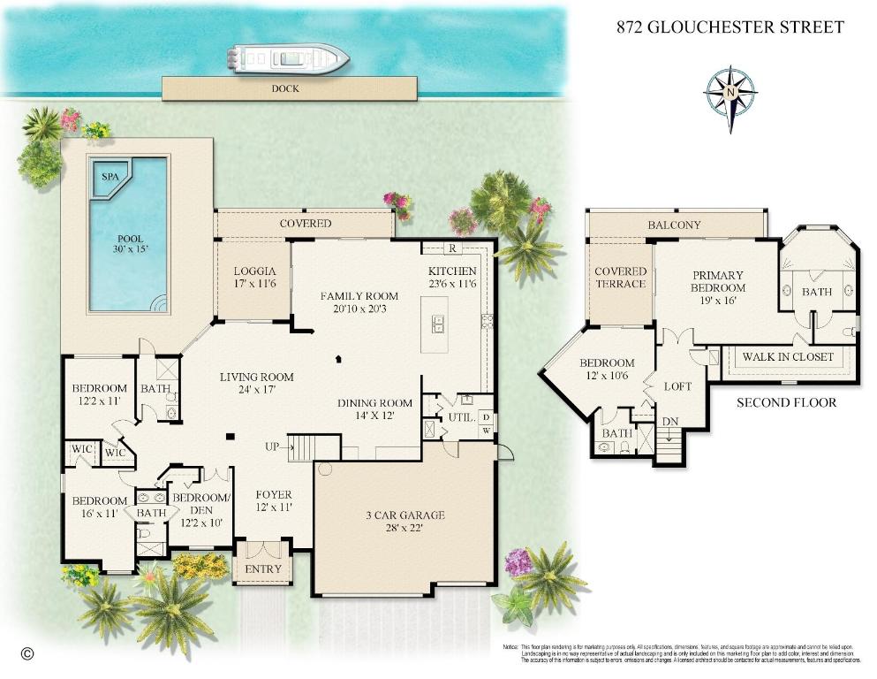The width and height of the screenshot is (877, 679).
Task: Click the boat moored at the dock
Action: (288, 57)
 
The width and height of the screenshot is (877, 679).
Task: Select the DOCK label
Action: (285, 88)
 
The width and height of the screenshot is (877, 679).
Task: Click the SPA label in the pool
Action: (110, 177)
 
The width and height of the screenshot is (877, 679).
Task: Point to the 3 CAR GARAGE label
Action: (404, 515)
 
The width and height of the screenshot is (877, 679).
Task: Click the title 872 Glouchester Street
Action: (730, 27)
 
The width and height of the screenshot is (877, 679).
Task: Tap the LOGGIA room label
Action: (255, 271)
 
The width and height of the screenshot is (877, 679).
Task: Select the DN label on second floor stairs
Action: (669, 422)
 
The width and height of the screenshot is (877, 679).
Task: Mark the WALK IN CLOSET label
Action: (788, 357)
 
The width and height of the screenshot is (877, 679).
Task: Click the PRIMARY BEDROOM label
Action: (717, 281)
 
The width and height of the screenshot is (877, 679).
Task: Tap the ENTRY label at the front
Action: (262, 568)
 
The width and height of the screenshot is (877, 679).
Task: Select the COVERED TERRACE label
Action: (620, 278)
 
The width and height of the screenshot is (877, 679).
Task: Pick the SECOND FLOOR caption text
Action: (786, 402)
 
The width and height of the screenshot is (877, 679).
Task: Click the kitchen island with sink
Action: (434, 323)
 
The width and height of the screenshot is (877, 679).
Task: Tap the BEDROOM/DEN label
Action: (200, 504)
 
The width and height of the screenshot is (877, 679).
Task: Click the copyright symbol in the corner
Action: (26, 654)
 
